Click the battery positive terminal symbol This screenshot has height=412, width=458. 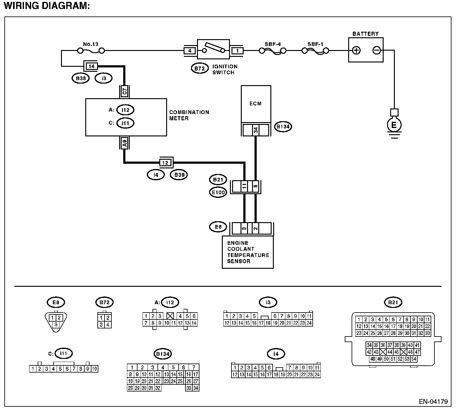356,50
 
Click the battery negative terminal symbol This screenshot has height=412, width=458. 376,50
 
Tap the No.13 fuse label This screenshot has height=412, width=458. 91,44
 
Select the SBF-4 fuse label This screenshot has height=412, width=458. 273,44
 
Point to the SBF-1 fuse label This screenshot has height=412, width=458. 315,44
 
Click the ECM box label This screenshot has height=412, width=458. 255,103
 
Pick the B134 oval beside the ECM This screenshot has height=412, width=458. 283,126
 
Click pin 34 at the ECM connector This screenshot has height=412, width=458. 256,130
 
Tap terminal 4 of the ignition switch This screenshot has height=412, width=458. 190,51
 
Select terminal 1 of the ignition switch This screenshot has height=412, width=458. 237,51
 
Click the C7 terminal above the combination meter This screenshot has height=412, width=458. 124,91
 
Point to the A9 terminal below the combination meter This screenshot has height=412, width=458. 124,143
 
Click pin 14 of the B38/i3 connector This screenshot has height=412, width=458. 91,66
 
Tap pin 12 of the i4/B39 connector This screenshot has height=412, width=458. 165,163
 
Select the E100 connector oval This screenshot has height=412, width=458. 218,192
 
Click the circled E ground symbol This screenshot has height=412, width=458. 394,125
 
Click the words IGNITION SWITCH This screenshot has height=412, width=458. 225,70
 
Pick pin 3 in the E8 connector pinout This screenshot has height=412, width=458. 56,324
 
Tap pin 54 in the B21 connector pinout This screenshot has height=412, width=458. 414,359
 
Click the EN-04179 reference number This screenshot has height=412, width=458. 433,401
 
